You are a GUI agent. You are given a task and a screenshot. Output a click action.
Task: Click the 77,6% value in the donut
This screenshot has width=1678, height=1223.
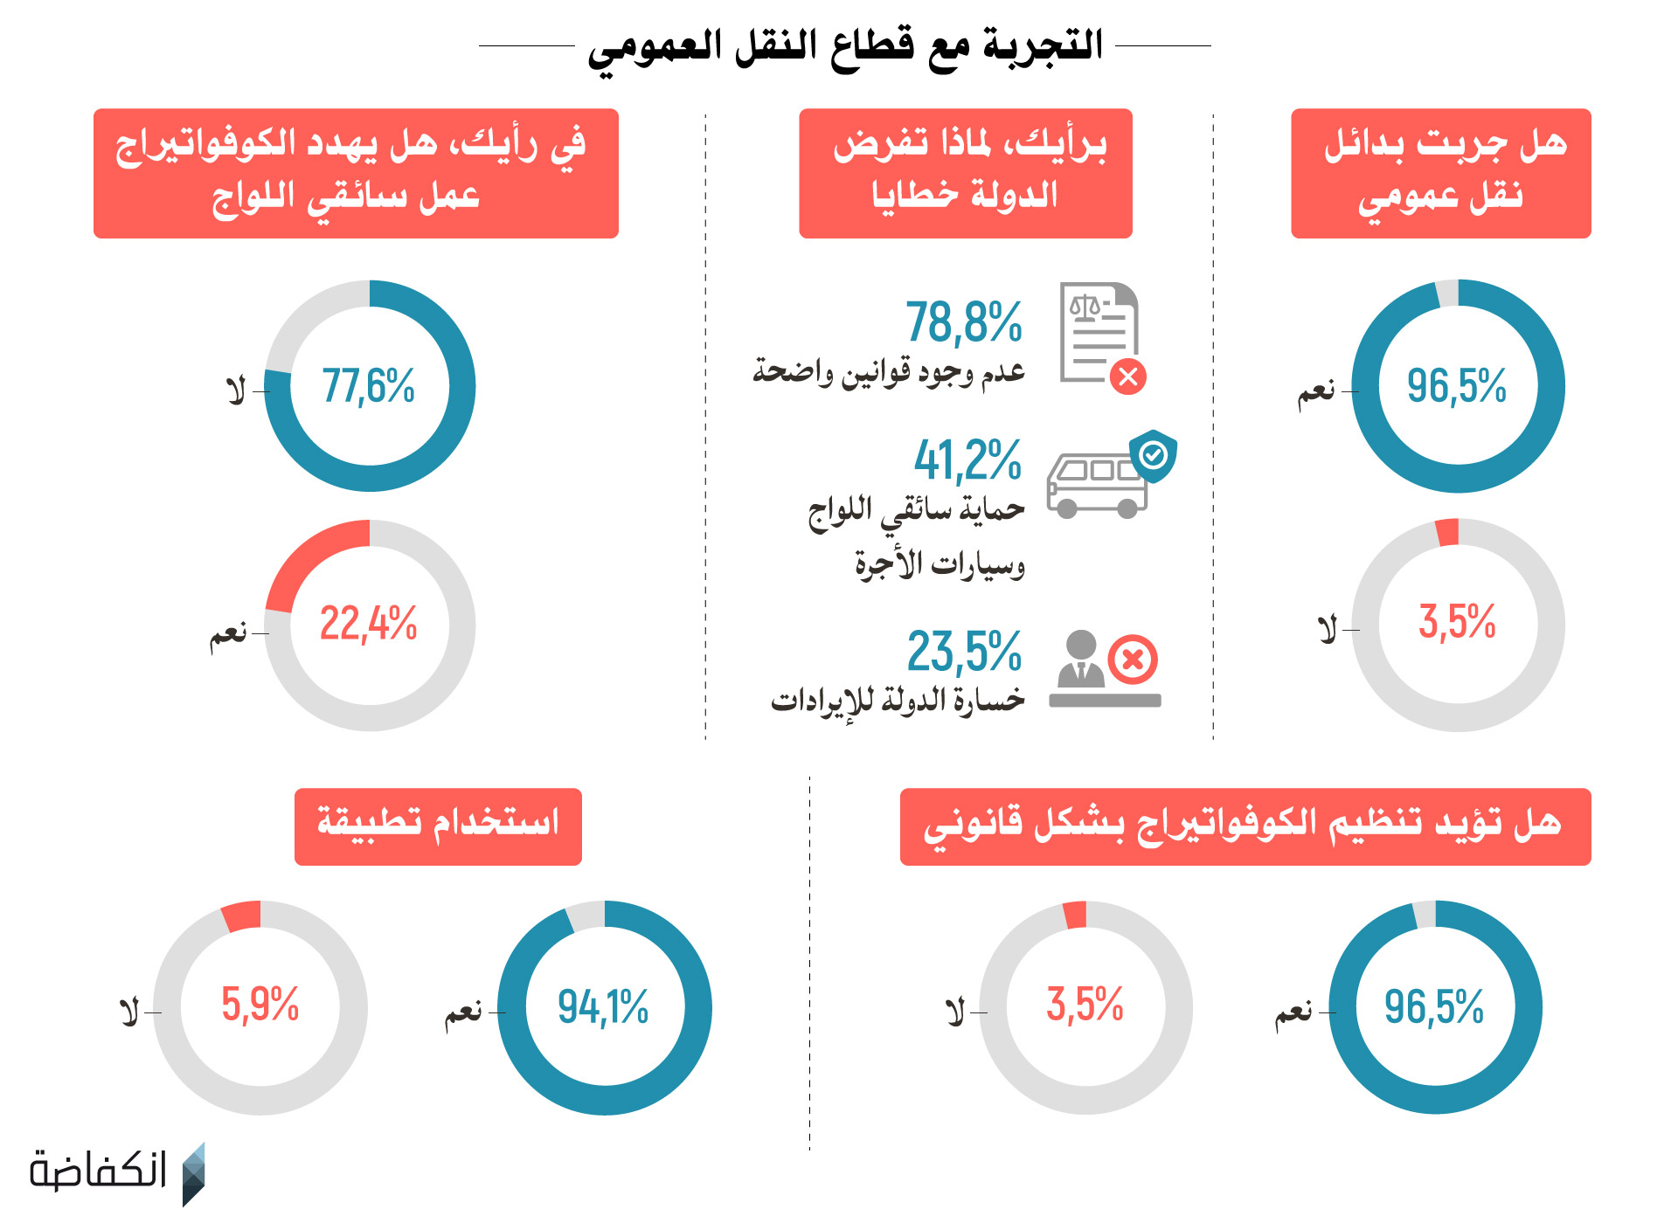369,386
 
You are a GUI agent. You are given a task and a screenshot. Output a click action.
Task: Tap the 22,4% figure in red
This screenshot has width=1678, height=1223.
369,625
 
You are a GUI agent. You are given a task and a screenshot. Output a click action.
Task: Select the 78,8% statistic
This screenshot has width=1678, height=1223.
963,322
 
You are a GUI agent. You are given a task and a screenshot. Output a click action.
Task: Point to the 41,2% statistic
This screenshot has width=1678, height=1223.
967,460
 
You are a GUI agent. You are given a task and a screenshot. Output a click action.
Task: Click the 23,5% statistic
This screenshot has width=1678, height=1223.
964,652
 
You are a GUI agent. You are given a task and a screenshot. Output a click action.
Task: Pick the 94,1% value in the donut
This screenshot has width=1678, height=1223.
603,1007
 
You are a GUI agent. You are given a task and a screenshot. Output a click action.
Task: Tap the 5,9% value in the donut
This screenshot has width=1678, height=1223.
260,1005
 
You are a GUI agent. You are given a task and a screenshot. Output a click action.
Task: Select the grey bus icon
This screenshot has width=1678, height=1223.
1095,487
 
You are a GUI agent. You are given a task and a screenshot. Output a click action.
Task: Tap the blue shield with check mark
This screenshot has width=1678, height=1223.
1154,454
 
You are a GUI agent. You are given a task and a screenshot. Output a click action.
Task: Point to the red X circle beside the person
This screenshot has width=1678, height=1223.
1133,660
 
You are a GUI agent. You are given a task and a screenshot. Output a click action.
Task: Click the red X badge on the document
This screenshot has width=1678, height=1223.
1128,377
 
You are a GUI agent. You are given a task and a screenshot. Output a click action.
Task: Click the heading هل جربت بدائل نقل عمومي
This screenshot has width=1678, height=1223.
1440,173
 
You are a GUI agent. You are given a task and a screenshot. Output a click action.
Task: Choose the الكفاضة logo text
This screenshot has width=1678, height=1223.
98,1171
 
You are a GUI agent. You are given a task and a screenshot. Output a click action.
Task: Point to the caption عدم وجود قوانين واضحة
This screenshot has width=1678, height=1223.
889,373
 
